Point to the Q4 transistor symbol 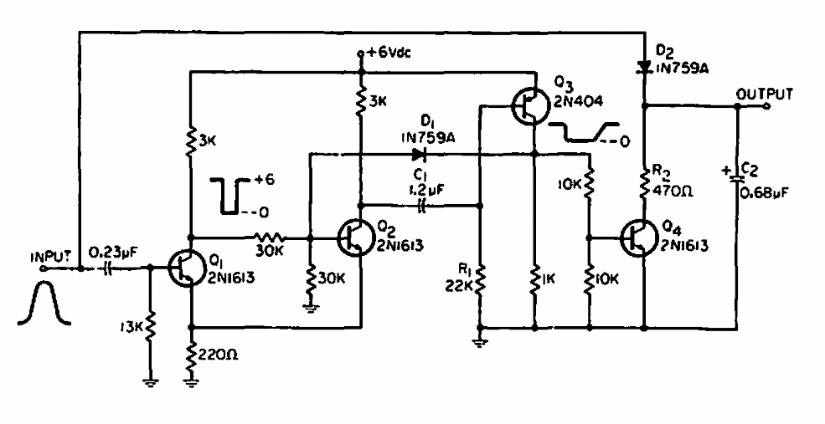click(638, 238)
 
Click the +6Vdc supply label click(387, 53)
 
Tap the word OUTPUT click(763, 94)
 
